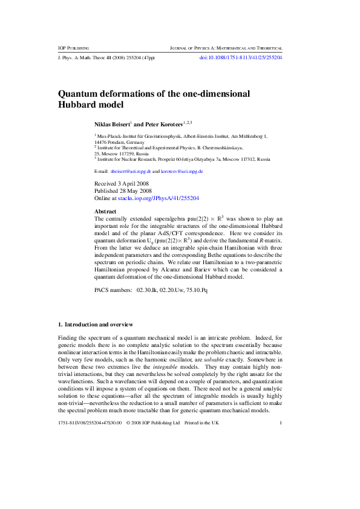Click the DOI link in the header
241,58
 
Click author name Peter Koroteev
162,123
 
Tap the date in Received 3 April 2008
130,182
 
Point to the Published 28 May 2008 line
122,190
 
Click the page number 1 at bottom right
281,456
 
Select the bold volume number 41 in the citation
108,58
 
